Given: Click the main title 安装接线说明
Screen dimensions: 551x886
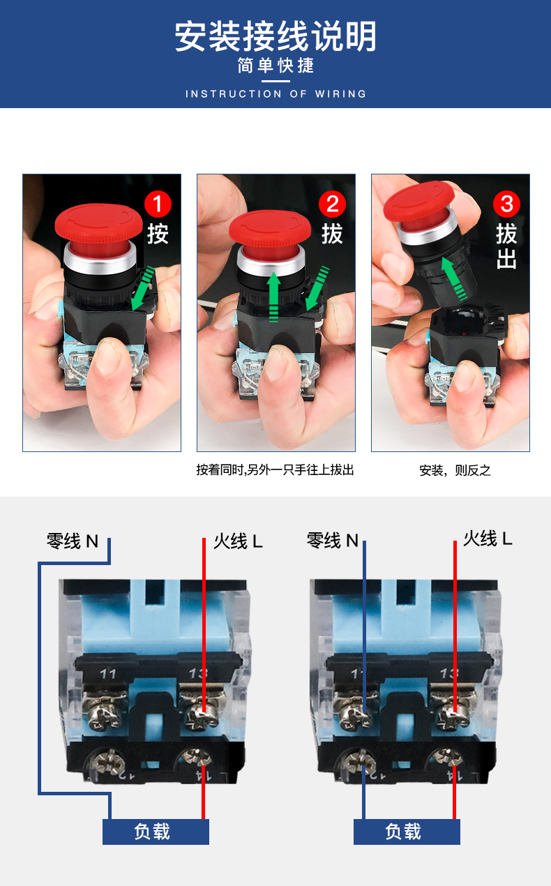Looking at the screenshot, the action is pyautogui.click(x=275, y=36).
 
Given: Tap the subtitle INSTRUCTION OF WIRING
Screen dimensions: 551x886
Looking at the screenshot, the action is pyautogui.click(x=275, y=94).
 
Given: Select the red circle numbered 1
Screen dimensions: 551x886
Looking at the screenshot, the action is pyautogui.click(x=158, y=204).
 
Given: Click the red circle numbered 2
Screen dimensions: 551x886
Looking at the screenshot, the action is pyautogui.click(x=332, y=204).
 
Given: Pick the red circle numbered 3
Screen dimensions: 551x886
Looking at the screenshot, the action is pyautogui.click(x=506, y=204).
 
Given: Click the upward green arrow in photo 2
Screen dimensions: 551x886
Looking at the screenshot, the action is pyautogui.click(x=273, y=296).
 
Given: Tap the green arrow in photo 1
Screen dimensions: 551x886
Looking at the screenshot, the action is pyautogui.click(x=143, y=288).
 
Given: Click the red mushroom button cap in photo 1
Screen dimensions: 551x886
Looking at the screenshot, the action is pyautogui.click(x=98, y=223).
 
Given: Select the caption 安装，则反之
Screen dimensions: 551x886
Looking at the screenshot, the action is pyautogui.click(x=455, y=470).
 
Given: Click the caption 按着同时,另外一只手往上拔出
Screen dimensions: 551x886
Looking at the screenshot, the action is pyautogui.click(x=275, y=470).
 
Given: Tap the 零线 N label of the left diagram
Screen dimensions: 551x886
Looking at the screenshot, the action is pyautogui.click(x=73, y=541).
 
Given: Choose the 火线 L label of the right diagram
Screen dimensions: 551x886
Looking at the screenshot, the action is pyautogui.click(x=488, y=539).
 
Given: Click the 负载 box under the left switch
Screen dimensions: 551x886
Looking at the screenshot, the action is pyautogui.click(x=156, y=832).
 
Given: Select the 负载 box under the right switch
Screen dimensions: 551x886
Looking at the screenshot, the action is pyautogui.click(x=407, y=832).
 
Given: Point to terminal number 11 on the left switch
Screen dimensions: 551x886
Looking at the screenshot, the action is pyautogui.click(x=107, y=674).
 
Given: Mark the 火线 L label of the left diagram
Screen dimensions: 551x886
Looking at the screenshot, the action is pyautogui.click(x=238, y=541).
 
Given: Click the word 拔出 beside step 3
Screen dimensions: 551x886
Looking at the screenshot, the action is pyautogui.click(x=506, y=246).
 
